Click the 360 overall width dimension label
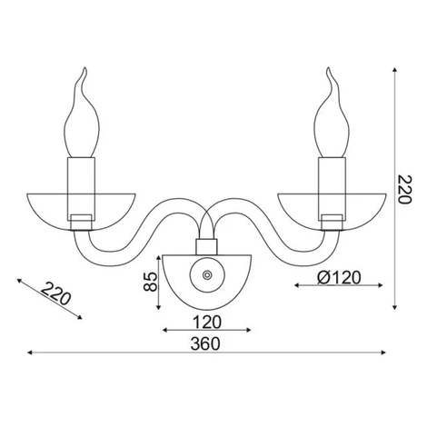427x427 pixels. coord(205,343)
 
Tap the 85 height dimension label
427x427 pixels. coord(151,282)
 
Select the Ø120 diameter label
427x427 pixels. coord(339,277)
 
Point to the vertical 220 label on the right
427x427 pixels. coord(404,189)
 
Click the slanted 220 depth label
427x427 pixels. coord(55,293)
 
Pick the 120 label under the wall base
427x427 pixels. coord(207,323)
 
